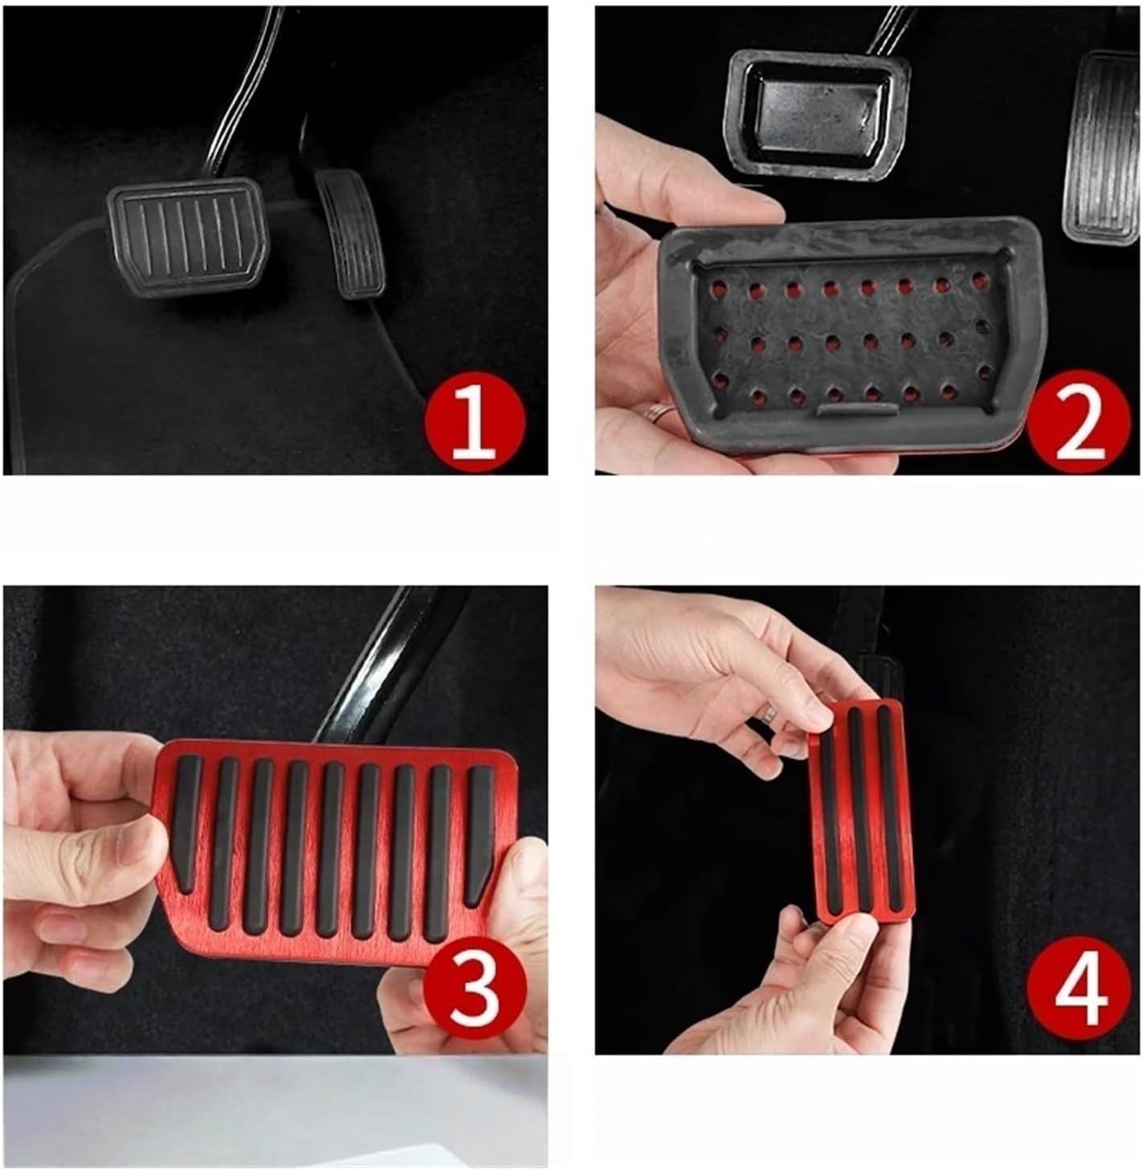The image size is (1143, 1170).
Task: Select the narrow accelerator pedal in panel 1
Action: (349, 233)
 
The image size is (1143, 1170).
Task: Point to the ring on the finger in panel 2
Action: (660, 414)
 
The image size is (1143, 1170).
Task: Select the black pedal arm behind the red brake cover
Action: (386, 667)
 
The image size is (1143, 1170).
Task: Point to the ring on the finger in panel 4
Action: (772, 712)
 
